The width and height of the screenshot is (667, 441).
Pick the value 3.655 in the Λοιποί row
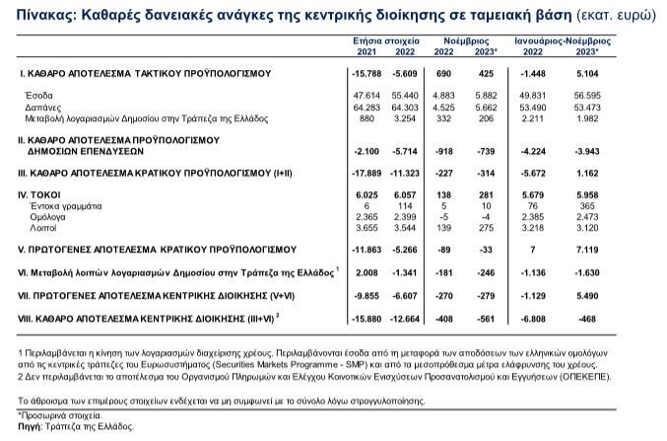tap(367, 229)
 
